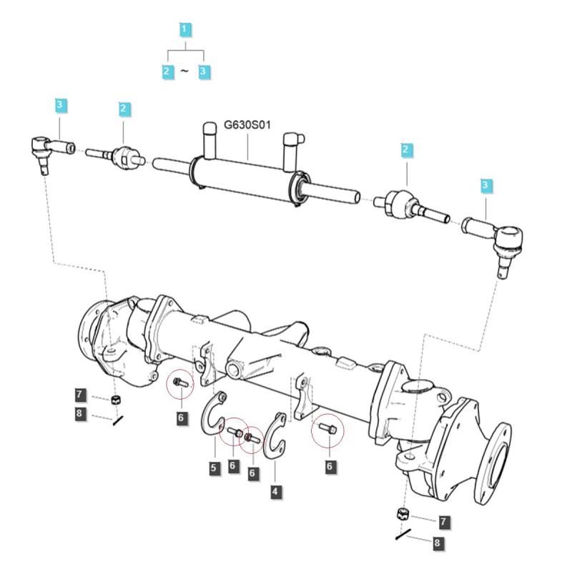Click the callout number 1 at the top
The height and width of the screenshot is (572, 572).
184,29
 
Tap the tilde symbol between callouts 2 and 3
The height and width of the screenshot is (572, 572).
184,71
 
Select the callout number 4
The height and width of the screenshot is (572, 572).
275,491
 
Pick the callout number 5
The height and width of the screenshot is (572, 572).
213,468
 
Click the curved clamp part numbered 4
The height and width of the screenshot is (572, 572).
275,435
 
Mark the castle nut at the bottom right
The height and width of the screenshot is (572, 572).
403,514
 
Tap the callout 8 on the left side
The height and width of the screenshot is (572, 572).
80,413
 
